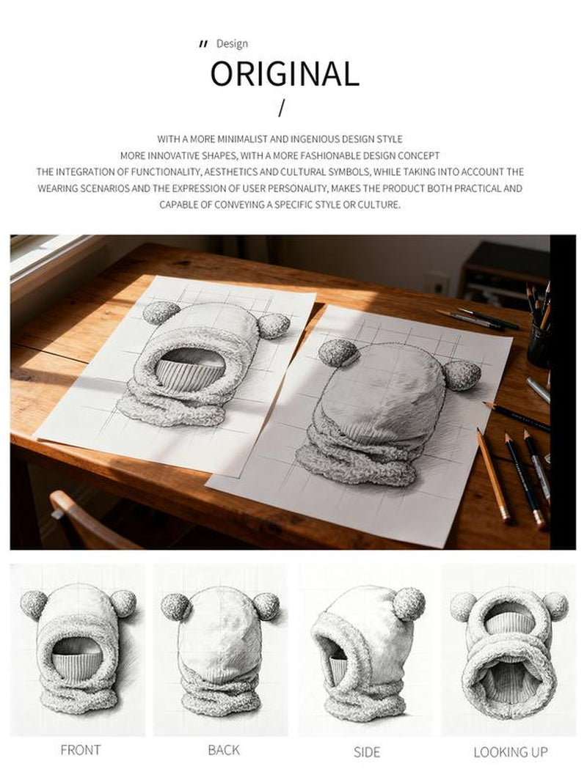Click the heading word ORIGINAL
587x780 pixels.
tap(284, 74)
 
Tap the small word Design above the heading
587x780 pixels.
tap(232, 44)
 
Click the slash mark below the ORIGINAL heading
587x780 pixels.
tap(282, 108)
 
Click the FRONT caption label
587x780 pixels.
tap(80, 750)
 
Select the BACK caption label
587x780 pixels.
tap(224, 750)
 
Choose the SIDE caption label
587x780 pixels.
tap(367, 752)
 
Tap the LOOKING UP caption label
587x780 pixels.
tap(511, 752)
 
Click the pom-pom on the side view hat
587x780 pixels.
tap(409, 604)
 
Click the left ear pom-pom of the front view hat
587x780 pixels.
tap(34, 605)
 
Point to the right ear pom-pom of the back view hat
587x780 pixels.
tap(266, 606)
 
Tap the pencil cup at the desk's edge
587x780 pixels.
tap(539, 342)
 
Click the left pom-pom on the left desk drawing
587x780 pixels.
tap(161, 312)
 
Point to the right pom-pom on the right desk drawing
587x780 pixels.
tap(462, 375)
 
